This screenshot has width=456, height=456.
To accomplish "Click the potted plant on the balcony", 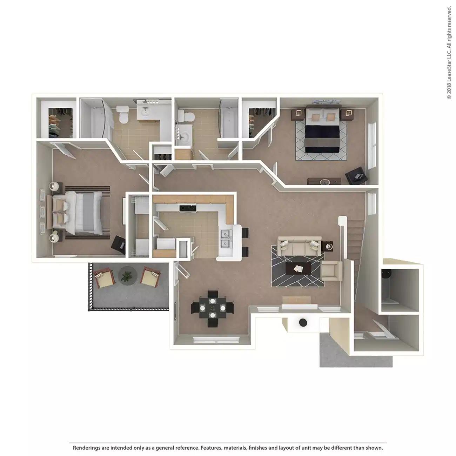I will click(x=126, y=276).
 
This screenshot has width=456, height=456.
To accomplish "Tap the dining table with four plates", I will click(x=213, y=308).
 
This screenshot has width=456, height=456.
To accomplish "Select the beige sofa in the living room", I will click(x=299, y=246).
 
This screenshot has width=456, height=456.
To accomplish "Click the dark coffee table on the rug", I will click(x=298, y=269).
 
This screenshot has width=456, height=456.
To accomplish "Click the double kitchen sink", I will click(x=224, y=239).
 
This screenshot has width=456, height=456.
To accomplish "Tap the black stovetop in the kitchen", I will click(x=188, y=208).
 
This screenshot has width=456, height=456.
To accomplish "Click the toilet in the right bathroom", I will click(x=183, y=115).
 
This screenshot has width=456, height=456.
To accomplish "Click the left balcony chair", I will click(x=104, y=276).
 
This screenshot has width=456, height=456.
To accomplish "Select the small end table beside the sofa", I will click(x=328, y=247).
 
